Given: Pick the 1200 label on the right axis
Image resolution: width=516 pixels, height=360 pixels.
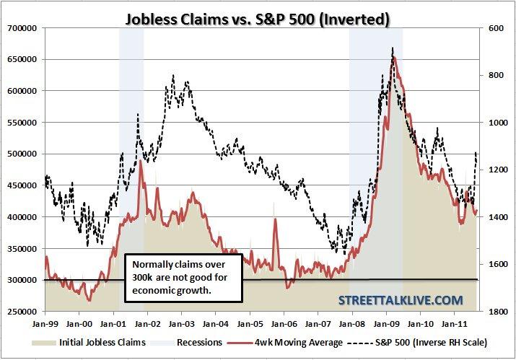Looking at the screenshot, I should (x=497, y=170).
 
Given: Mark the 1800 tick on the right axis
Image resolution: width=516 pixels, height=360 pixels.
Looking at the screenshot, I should (x=497, y=312).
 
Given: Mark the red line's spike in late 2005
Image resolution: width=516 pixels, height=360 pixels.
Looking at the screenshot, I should (x=276, y=220).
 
